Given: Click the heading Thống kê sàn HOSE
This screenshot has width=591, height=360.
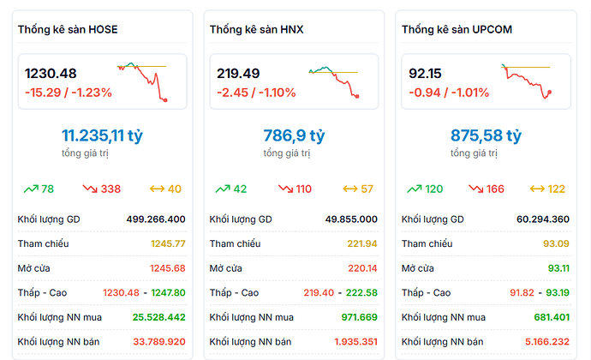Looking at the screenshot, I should [x=68, y=30].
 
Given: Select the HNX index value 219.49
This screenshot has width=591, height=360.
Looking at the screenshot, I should [x=238, y=74].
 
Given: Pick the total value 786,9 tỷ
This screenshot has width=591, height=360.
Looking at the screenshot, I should [x=294, y=135].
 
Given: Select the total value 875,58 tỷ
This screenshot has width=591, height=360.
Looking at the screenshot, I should [x=486, y=135].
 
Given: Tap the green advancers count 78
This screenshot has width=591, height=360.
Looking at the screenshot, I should [x=48, y=189].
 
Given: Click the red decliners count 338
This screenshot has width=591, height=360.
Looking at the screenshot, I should [x=111, y=189].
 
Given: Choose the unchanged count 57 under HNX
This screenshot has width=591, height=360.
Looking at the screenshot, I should [x=367, y=189].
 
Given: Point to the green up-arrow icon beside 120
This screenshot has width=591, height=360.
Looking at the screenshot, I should [x=414, y=189].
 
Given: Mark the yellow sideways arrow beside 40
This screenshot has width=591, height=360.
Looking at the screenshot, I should [x=157, y=189].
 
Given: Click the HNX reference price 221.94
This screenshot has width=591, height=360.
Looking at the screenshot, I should [x=362, y=243].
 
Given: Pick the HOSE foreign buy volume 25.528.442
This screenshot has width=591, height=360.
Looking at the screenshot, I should [x=159, y=317].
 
